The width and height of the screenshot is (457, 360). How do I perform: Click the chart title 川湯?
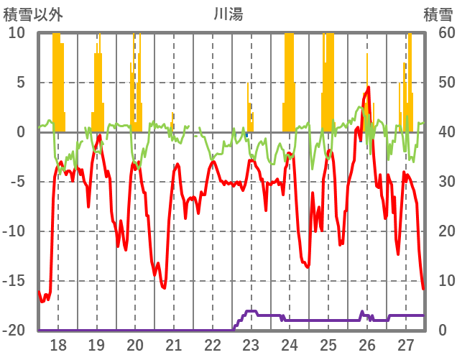228,14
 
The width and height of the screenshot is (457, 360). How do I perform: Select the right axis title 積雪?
437,14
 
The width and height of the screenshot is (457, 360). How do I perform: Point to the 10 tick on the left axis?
17,33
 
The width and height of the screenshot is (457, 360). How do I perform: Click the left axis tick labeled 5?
20,83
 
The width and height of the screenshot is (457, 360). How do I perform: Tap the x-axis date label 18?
58,346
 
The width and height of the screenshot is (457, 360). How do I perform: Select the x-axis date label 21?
174,346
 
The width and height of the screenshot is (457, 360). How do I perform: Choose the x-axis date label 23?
251,346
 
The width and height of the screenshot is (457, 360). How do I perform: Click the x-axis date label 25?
328,346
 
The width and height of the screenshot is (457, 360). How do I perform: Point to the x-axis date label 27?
406,346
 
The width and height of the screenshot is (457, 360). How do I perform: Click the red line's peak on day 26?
368,88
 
